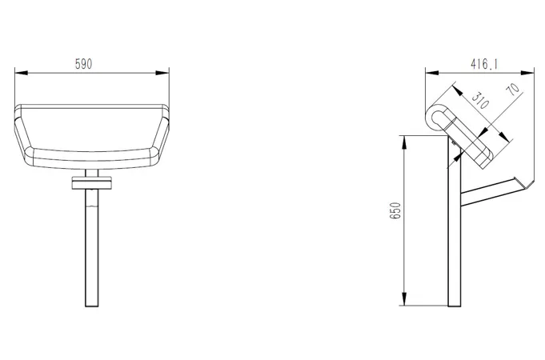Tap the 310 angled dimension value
pos(480,101)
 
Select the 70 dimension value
pos(513,88)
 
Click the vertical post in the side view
pos(454,240)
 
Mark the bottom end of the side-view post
pos(454,304)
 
